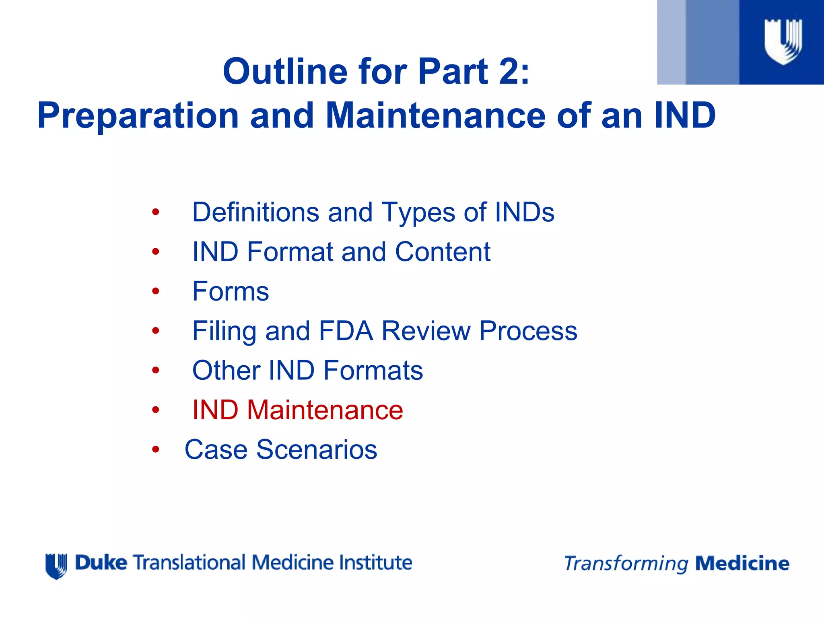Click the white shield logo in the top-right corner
[783, 41]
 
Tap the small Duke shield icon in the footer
[56, 566]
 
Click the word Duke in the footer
[101, 562]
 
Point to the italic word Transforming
[626, 564]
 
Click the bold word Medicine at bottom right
[742, 563]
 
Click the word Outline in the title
[285, 71]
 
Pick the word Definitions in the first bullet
[255, 212]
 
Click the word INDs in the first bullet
[524, 212]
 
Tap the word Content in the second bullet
[443, 252]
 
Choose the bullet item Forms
[231, 291]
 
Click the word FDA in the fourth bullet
[346, 331]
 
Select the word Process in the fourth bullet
[528, 331]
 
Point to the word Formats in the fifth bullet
[373, 370]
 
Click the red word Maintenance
[325, 410]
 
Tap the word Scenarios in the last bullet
[317, 449]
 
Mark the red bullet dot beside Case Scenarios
[156, 449]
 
